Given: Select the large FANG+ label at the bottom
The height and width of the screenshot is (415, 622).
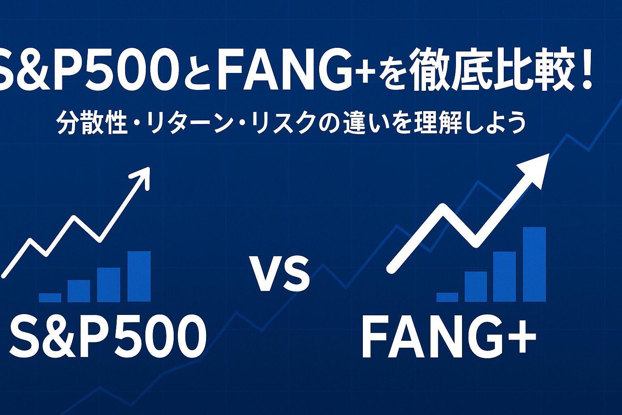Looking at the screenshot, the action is (x=449, y=337).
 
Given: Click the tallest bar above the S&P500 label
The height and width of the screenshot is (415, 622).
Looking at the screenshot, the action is (x=139, y=276).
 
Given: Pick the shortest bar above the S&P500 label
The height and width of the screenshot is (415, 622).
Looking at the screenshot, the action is (x=50, y=298).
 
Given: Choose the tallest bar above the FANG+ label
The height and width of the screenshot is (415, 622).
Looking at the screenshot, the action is (x=534, y=264).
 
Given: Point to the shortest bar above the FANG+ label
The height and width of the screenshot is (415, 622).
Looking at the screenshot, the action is (x=447, y=297).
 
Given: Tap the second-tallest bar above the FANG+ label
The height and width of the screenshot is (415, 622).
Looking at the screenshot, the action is (x=505, y=276).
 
